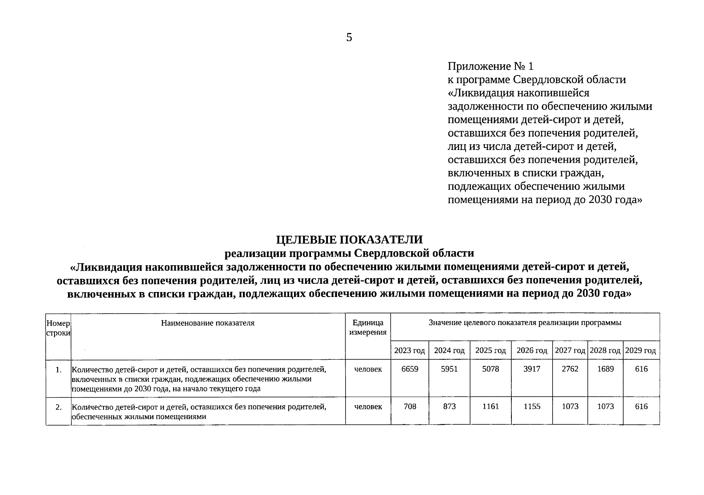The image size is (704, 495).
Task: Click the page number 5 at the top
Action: [x=349, y=38]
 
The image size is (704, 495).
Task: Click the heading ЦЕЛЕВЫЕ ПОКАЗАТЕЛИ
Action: [x=349, y=240]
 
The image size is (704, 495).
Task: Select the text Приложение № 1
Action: [x=490, y=66]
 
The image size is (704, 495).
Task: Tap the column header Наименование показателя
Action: [x=208, y=323]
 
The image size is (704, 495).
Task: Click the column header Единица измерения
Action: [x=368, y=328]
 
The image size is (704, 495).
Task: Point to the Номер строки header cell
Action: [x=58, y=328]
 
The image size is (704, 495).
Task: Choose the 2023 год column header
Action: [x=410, y=351]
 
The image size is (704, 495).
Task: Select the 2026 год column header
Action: [x=532, y=351]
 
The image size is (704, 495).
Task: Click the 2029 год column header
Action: [x=640, y=351]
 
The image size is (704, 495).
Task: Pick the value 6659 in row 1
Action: [x=410, y=369]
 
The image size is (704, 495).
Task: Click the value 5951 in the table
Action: [x=449, y=369]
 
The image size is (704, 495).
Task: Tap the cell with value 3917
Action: [x=532, y=369]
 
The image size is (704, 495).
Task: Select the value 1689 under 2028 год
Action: [x=605, y=369]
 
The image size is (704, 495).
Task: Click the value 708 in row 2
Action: [x=410, y=407]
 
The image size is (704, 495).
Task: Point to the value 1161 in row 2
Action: [x=490, y=407]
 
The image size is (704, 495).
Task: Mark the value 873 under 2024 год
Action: [x=449, y=407]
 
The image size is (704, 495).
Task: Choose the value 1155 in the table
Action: [x=532, y=407]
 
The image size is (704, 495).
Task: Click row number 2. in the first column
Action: [x=59, y=408]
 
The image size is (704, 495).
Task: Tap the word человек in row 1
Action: [x=368, y=369]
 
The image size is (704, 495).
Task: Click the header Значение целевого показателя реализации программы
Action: [x=525, y=323]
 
